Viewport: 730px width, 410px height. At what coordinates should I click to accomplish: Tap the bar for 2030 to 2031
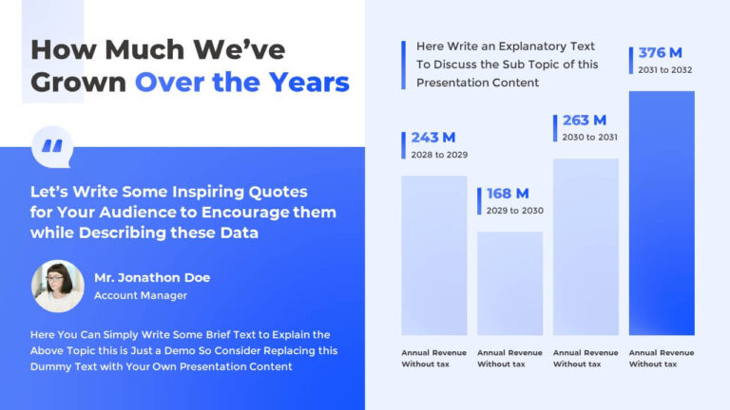tap(586, 246)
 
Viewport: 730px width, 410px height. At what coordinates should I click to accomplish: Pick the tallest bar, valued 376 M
tap(662, 213)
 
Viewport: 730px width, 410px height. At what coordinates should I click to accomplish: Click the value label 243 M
tap(432, 139)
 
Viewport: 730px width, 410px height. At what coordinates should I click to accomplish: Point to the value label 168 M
tap(508, 194)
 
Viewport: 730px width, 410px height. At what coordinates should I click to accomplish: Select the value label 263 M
tap(585, 121)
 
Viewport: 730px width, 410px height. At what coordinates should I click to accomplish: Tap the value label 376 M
tap(660, 52)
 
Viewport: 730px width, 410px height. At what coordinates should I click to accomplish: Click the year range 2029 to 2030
tap(514, 211)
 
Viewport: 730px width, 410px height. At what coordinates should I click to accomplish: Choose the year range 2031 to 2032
tap(666, 68)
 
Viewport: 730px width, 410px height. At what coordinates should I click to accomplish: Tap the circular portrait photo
tap(58, 286)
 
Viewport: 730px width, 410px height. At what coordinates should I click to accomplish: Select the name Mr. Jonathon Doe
tap(152, 277)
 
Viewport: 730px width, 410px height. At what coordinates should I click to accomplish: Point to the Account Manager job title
tap(141, 295)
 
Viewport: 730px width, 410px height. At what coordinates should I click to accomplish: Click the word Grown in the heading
tap(78, 82)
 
